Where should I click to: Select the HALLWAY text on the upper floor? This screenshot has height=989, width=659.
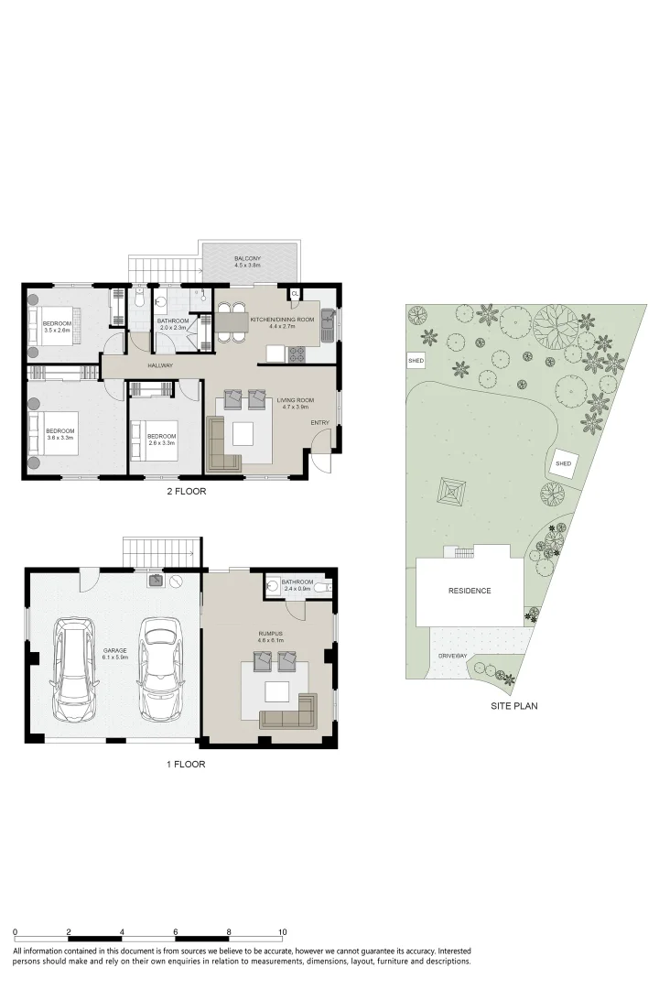click(x=160, y=366)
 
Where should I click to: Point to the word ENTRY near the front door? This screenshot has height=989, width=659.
click(x=319, y=422)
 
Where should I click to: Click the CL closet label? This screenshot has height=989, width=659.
click(x=295, y=294)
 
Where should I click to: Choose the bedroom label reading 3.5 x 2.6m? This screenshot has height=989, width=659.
click(x=56, y=327)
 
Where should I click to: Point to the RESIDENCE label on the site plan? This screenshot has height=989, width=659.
click(x=469, y=591)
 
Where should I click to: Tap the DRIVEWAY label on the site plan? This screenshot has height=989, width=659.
click(x=452, y=657)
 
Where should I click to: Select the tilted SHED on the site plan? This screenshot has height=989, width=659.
click(x=563, y=464)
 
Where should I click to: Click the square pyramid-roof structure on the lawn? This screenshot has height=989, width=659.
click(x=452, y=492)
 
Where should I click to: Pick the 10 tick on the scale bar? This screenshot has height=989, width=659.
click(x=283, y=931)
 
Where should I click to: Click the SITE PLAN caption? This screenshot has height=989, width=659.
click(x=513, y=706)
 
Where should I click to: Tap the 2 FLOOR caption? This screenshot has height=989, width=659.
click(x=187, y=492)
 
